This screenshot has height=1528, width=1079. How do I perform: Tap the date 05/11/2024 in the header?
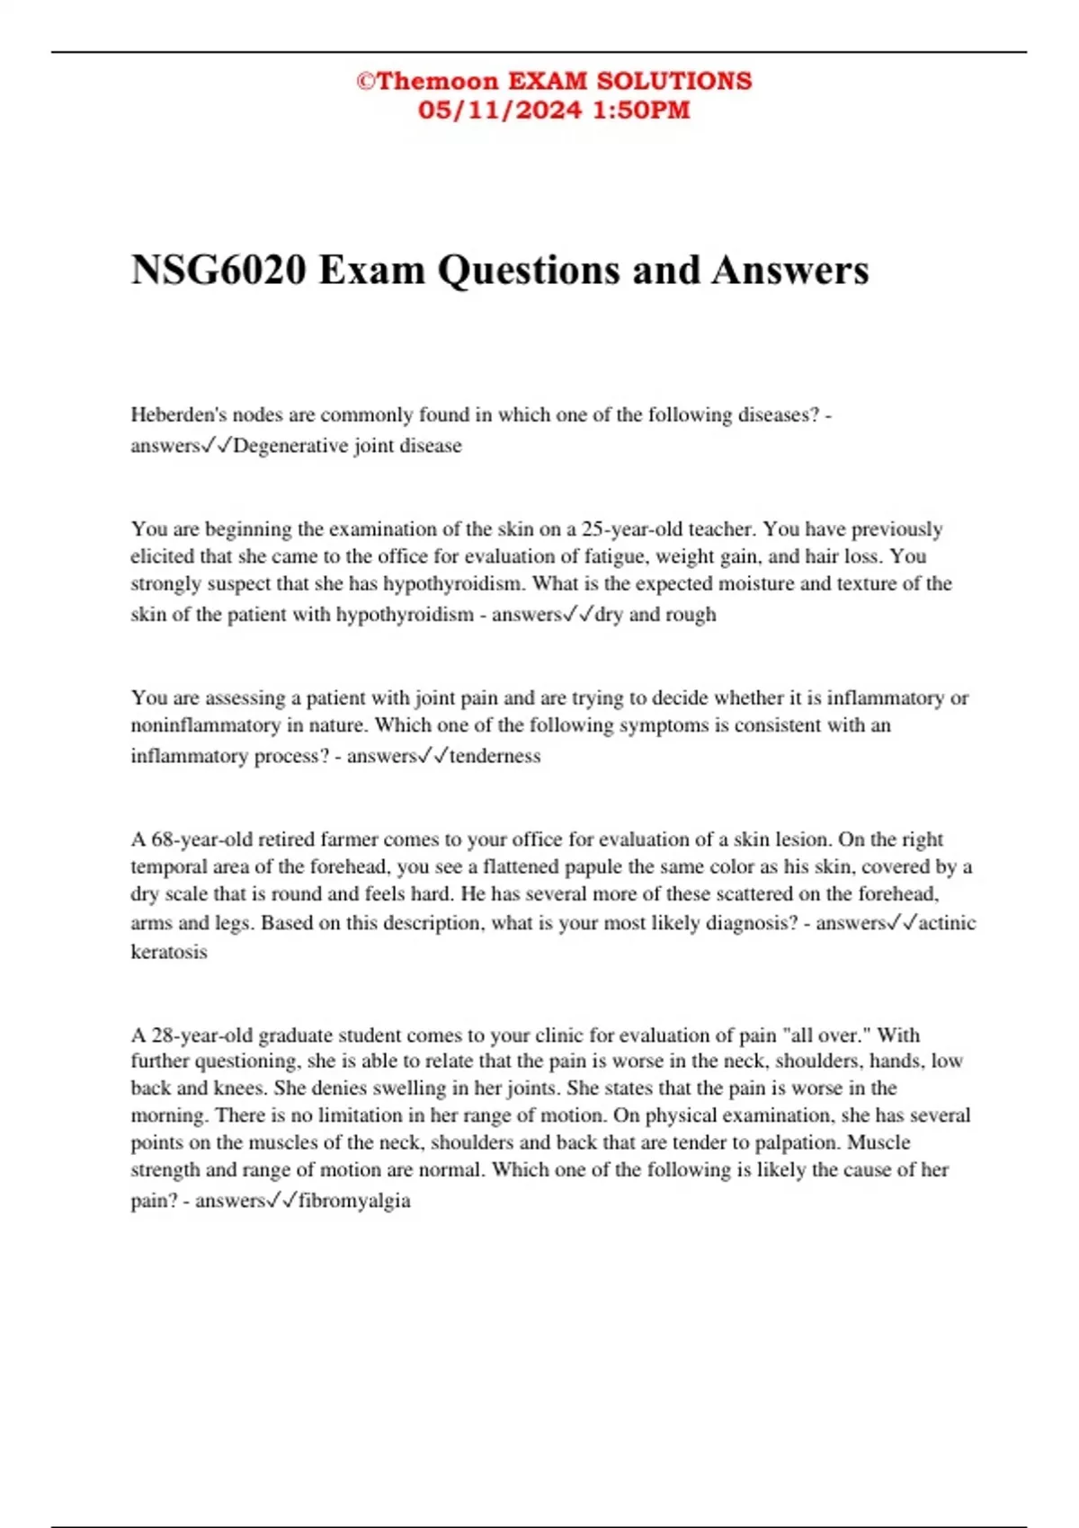[499, 111]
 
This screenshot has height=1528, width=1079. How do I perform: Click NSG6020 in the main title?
[218, 270]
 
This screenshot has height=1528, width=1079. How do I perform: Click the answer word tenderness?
[495, 756]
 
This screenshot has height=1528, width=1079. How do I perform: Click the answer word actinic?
[948, 923]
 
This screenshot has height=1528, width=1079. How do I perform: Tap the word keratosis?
[169, 952]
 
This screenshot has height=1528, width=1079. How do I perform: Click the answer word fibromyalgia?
[354, 1201]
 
